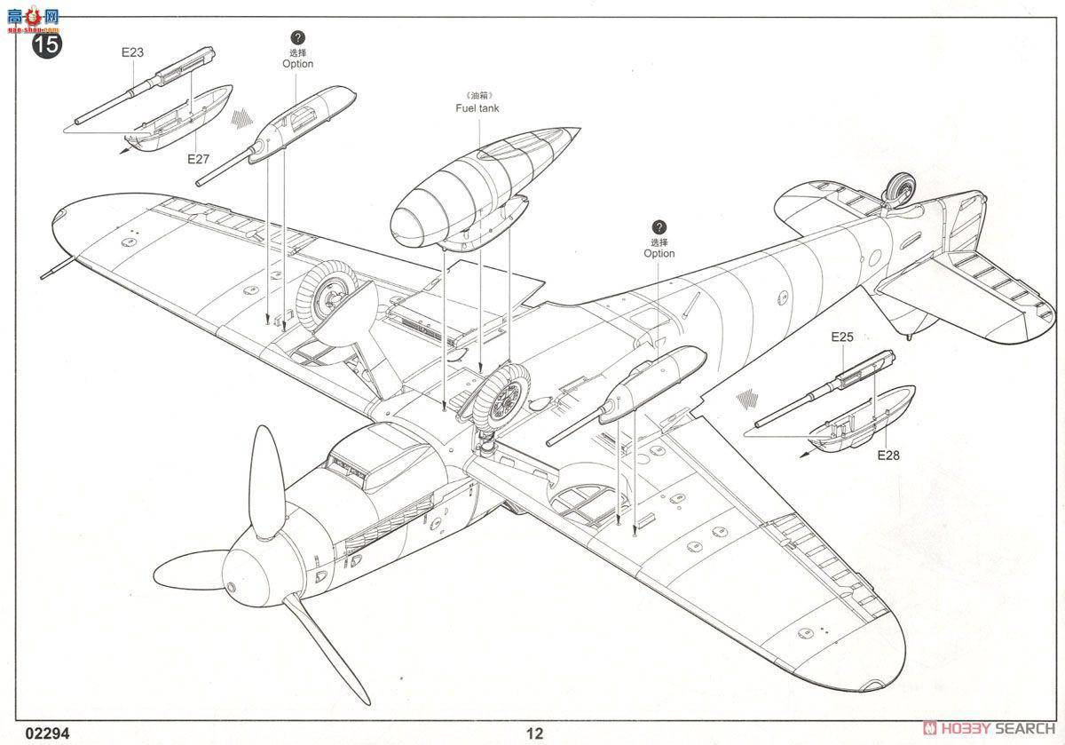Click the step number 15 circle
pos(46,45)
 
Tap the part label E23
pos(132,52)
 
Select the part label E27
pos(198,160)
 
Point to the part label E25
pos(842,337)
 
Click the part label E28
pos(887,456)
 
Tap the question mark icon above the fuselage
pos(659,228)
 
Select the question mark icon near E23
pos(297,38)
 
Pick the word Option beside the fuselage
pos(659,253)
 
